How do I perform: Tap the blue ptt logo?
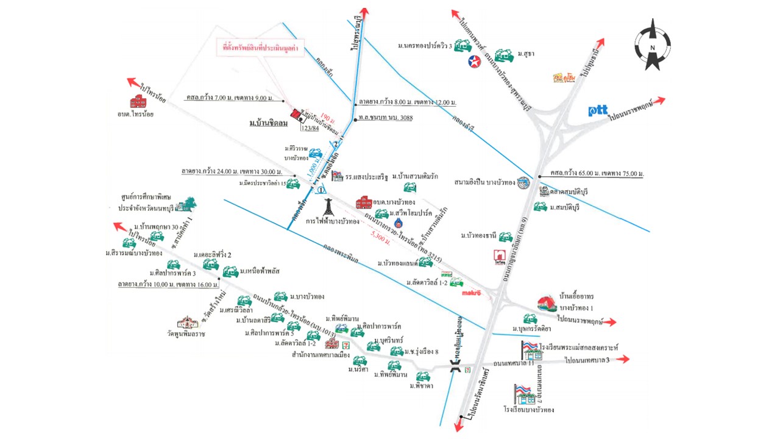(x=598, y=110)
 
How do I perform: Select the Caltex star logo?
(x=473, y=60)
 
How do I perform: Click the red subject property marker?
(x=297, y=115)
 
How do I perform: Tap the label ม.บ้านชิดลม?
(x=268, y=124)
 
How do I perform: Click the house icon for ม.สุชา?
(x=503, y=55)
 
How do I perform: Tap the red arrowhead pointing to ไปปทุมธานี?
(x=600, y=43)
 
